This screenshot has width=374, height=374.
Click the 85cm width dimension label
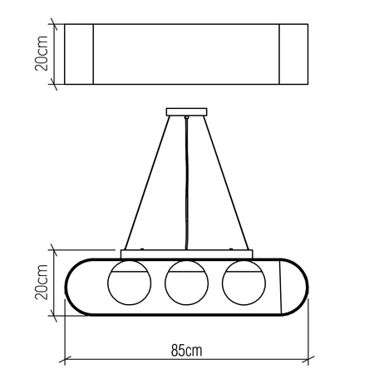(186, 350)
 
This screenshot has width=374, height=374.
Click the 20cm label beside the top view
(42, 53)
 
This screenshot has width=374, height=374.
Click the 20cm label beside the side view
(42, 282)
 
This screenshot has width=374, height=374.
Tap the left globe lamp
(130, 283)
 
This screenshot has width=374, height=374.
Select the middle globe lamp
(186, 283)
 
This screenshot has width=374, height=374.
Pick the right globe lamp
(244, 283)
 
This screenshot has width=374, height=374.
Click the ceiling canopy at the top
(186, 112)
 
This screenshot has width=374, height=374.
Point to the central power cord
(186, 183)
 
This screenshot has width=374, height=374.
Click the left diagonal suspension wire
(147, 183)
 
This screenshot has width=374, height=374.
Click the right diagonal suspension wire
(226, 183)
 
